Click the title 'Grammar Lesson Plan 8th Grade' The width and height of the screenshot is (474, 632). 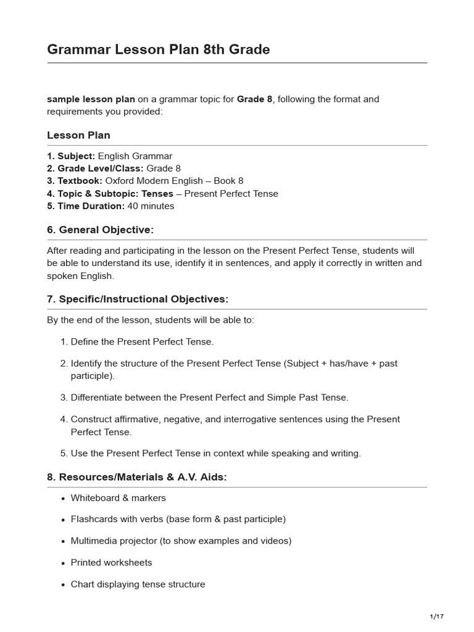[159, 49]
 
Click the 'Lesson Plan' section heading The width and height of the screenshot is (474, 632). [78, 135]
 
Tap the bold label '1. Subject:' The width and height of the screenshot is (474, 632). [71, 156]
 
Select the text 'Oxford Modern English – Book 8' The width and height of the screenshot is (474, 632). [174, 181]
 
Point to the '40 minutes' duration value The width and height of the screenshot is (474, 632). [151, 206]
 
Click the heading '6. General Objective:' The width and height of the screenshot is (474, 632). [100, 230]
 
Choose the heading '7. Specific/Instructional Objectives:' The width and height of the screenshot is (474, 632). [138, 299]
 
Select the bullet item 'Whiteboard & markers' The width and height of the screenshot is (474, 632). [118, 497]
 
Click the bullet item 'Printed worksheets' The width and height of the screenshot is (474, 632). [111, 562]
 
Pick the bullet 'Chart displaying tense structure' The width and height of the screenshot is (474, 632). [138, 584]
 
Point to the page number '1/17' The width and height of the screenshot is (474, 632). [436, 617]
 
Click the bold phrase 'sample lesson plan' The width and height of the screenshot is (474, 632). [91, 99]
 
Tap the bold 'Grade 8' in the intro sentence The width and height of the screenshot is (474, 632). [254, 99]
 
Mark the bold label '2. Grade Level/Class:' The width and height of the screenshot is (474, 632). [95, 168]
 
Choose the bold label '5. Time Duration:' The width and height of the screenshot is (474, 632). [86, 206]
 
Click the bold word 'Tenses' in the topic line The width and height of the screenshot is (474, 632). [157, 193]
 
